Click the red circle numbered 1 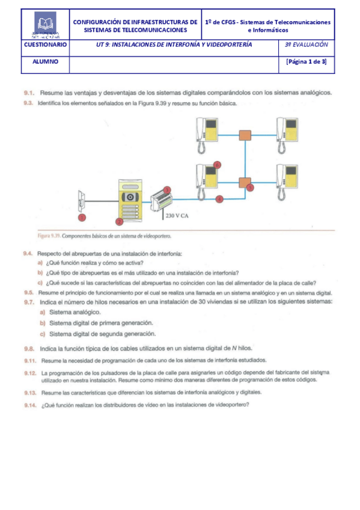(x=82, y=217)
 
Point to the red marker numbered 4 (x=219, y=198)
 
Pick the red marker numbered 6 (x=217, y=164)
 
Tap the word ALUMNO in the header (x=45, y=61)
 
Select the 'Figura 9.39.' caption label (x=33, y=236)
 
